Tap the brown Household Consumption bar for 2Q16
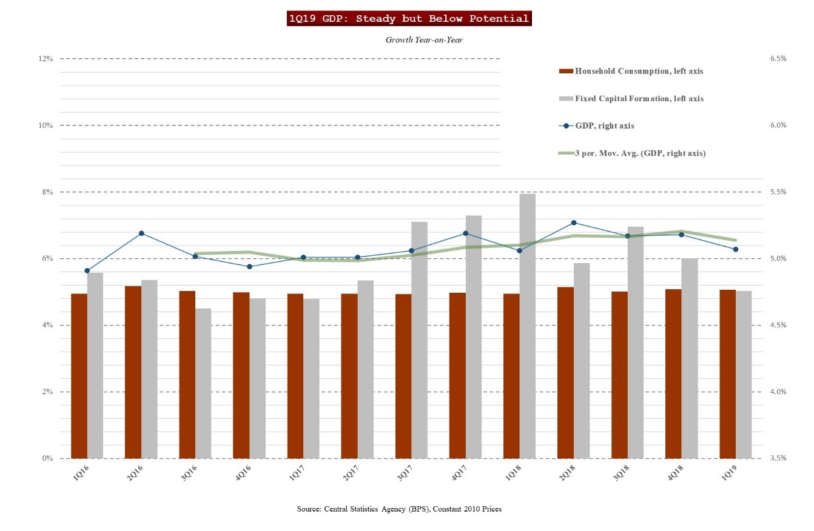click(133, 372)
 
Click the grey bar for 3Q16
click(203, 383)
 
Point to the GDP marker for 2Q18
click(574, 222)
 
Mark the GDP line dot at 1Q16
click(87, 271)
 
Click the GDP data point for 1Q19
click(736, 249)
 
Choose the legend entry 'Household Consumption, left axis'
click(639, 72)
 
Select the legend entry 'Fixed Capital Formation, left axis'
click(639, 99)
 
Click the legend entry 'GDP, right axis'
click(604, 126)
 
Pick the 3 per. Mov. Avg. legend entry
click(640, 153)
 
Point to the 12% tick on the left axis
click(46, 59)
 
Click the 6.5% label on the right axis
click(778, 59)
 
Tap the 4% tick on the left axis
click(48, 326)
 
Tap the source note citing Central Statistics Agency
click(399, 509)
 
